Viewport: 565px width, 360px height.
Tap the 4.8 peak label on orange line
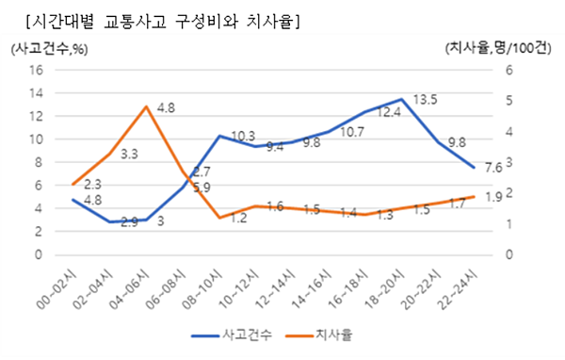(x=166, y=108)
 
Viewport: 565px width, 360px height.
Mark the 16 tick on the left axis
(x=38, y=70)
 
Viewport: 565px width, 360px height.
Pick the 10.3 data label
(x=243, y=137)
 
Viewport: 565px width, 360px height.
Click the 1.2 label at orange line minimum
(x=212, y=219)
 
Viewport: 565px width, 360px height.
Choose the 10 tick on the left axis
(x=38, y=139)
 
